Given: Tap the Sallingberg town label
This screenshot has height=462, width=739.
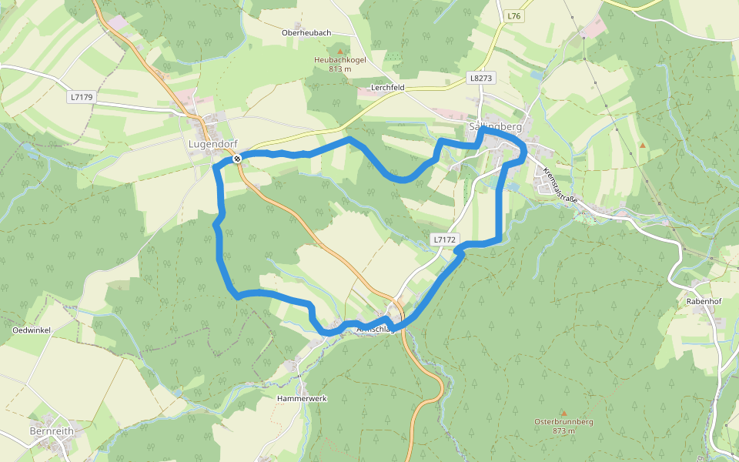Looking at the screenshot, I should click(x=496, y=126).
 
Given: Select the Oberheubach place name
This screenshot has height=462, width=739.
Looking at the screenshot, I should click(x=306, y=33).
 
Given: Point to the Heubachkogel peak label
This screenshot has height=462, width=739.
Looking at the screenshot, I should click(x=339, y=59).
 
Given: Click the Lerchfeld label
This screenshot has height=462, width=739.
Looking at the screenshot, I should click(x=387, y=88).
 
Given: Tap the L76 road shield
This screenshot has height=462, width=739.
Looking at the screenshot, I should click(x=514, y=15).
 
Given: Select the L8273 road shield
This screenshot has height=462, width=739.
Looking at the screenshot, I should click(x=480, y=78).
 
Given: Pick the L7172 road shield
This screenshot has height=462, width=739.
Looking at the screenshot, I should click(x=444, y=239).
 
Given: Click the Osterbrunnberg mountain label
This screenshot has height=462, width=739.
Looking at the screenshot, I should click(x=563, y=422).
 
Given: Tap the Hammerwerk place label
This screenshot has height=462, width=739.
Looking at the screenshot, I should click(x=303, y=399).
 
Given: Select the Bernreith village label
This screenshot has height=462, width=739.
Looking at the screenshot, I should click(x=52, y=431).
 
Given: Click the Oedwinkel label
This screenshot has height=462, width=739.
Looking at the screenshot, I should click(x=32, y=330).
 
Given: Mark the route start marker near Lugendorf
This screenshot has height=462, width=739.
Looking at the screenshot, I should click(x=238, y=159).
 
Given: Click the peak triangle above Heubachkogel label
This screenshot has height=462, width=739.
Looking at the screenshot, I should click(x=339, y=50).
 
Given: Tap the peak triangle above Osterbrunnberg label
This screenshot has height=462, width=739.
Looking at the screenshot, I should click(x=563, y=413).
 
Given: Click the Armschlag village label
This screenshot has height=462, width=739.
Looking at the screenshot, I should click(x=376, y=330).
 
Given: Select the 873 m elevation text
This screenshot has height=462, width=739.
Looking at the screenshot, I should click(x=563, y=431).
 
